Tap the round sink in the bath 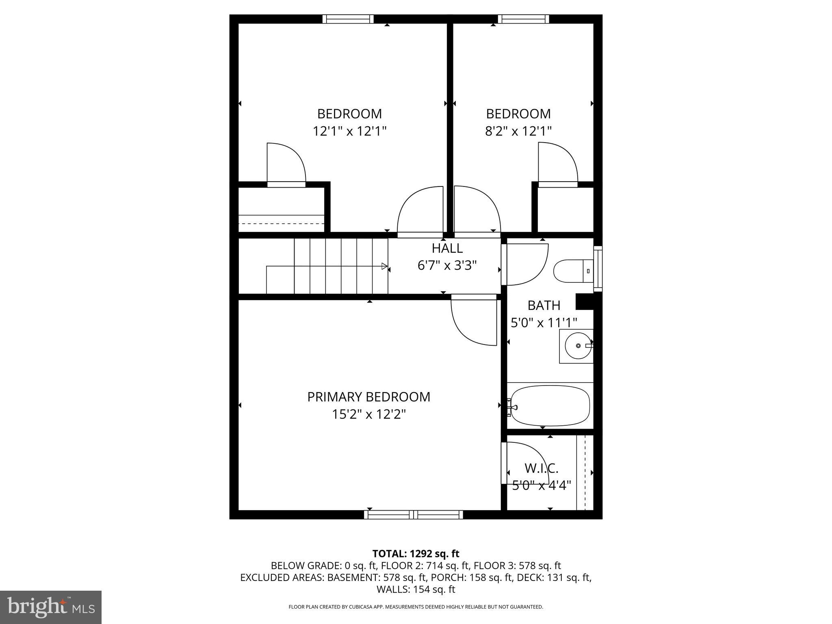point(578,346)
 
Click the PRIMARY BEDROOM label point(368,397)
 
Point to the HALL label point(447,248)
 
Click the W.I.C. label point(541,468)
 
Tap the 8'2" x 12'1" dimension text point(518,131)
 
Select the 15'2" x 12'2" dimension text point(368,414)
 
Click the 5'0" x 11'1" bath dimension point(544,323)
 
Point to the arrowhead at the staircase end point(384,266)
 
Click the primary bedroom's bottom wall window point(414,515)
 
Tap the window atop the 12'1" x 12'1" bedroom point(348,19)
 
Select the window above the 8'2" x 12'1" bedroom point(523,19)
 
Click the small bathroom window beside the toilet point(598,269)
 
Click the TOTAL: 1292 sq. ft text point(416,554)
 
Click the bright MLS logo point(51,607)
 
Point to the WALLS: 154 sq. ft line point(416,589)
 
